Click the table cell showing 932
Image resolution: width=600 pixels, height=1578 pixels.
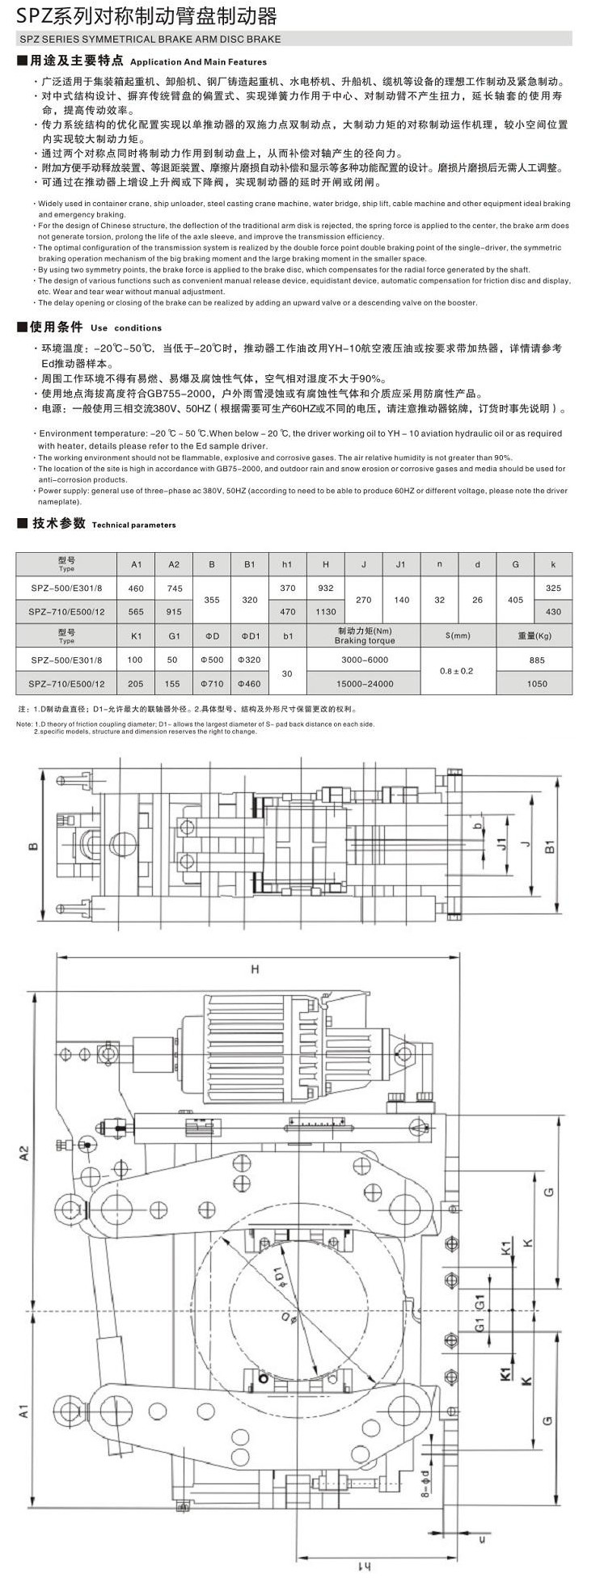(x=326, y=588)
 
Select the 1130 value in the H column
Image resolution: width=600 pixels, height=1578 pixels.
(x=326, y=612)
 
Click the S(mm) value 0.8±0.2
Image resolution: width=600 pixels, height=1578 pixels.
(x=456, y=671)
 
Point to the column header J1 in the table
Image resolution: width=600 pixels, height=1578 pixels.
(x=400, y=564)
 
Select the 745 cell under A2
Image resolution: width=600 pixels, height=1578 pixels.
(x=173, y=588)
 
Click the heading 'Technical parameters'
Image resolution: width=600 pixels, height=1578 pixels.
(x=133, y=525)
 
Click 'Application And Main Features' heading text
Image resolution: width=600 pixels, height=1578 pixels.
(x=198, y=61)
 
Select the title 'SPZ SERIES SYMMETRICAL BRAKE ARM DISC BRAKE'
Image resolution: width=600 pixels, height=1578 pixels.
(x=149, y=38)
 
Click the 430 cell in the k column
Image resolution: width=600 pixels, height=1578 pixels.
(x=554, y=612)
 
